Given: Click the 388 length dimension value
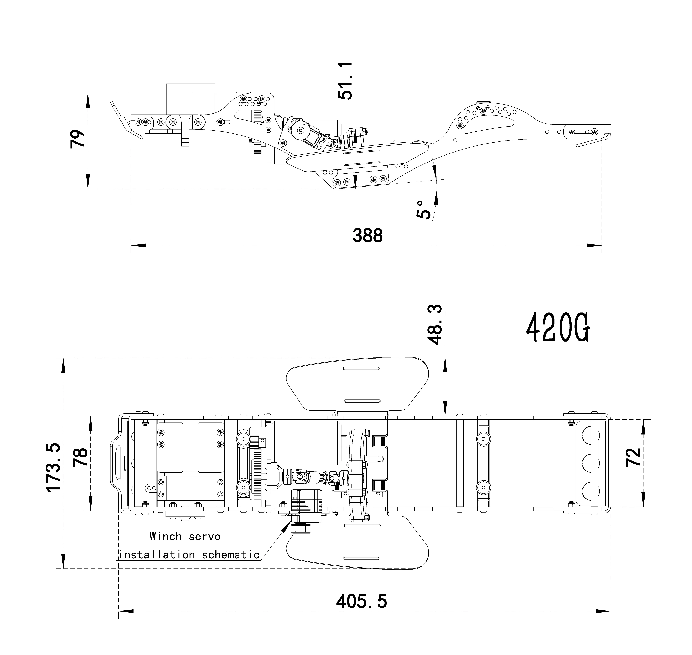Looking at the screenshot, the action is click(368, 236).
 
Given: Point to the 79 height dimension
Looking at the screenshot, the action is click(78, 139).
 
